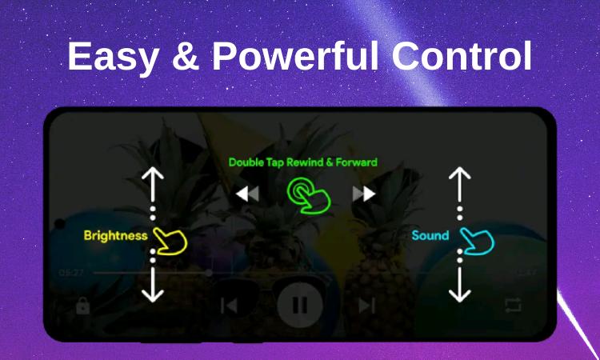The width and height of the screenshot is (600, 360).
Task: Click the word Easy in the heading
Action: [114, 58]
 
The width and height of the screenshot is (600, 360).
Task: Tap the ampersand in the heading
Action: [186, 56]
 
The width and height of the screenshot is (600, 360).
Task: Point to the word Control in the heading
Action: [462, 55]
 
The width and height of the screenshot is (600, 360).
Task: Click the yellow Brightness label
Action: [115, 235]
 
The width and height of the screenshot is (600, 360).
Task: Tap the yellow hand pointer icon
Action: [170, 241]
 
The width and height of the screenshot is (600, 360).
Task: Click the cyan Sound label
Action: [430, 235]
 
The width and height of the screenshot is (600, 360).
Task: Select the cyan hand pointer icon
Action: [477, 241]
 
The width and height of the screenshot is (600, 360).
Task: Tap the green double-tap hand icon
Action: [309, 195]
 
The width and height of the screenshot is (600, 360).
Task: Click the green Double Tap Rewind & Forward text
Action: [302, 162]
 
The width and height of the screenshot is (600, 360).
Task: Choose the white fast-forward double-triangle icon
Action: [364, 194]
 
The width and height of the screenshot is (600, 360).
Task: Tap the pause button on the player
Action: [300, 305]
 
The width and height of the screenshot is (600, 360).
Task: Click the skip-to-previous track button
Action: [230, 306]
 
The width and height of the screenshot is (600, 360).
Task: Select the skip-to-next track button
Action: [366, 306]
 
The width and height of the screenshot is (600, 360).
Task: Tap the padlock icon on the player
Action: [82, 306]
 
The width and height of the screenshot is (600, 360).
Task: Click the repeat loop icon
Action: [513, 305]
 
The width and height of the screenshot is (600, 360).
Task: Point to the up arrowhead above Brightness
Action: [153, 174]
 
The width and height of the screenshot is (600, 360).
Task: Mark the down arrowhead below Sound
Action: [459, 295]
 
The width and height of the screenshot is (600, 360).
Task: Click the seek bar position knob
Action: [209, 273]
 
